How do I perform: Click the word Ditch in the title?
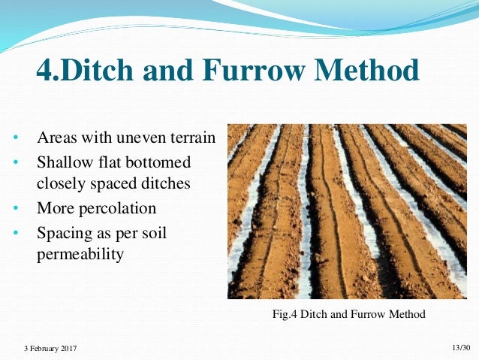point(93,71)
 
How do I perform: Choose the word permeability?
point(80,254)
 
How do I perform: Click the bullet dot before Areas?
point(15,140)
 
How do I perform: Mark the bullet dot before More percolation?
point(15,207)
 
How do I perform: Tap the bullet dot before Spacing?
point(15,233)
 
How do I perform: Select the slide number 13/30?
point(460,347)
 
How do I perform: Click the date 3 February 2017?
point(50,349)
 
